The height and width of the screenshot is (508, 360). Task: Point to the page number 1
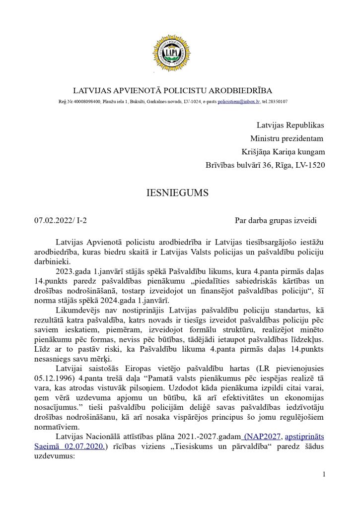click(x=324, y=474)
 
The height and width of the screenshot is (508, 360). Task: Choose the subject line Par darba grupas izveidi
click(x=276, y=220)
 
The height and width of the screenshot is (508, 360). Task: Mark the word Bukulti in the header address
click(x=139, y=101)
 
